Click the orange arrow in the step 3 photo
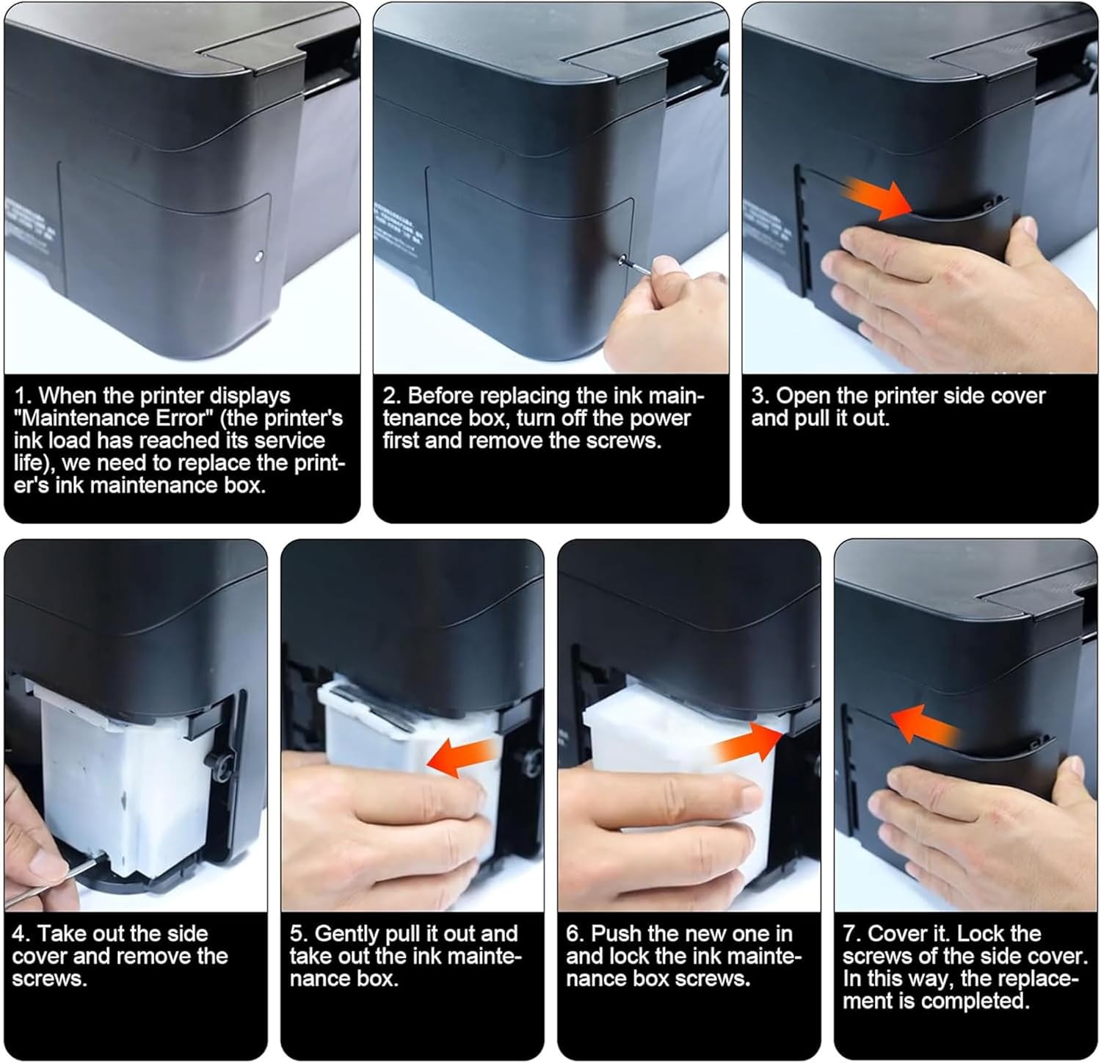[x=876, y=198]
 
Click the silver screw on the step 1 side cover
[x=258, y=257]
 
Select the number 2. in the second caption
[x=391, y=396]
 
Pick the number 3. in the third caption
[x=760, y=396]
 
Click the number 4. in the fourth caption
[x=21, y=934]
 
